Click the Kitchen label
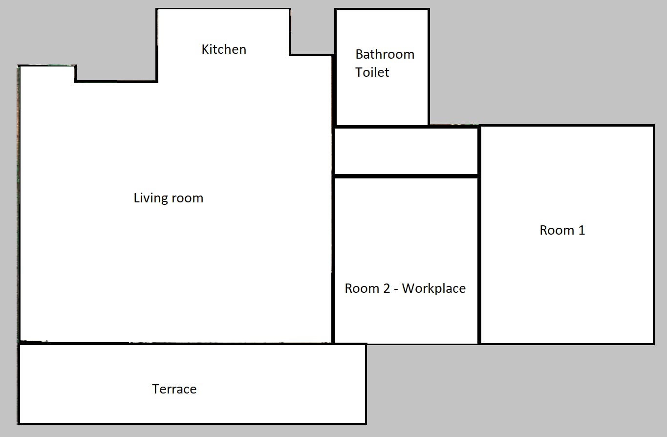pyautogui.click(x=224, y=49)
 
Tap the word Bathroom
pyautogui.click(x=385, y=54)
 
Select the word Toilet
pyautogui.click(x=372, y=72)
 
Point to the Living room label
pyautogui.click(x=168, y=198)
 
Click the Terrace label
pyautogui.click(x=174, y=389)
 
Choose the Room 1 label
pyautogui.click(x=562, y=230)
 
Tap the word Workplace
pyautogui.click(x=434, y=288)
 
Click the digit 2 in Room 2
pyautogui.click(x=386, y=288)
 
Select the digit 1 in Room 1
pyautogui.click(x=581, y=230)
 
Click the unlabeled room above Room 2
pyautogui.click(x=406, y=151)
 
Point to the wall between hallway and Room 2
pyautogui.click(x=406, y=176)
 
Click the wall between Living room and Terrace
pyautogui.click(x=176, y=343)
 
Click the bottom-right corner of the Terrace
pyautogui.click(x=366, y=423)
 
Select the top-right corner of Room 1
pyautogui.click(x=653, y=126)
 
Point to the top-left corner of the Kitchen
pyautogui.click(x=157, y=9)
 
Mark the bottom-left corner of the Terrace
pyautogui.click(x=19, y=423)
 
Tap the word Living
pyautogui.click(x=151, y=198)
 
